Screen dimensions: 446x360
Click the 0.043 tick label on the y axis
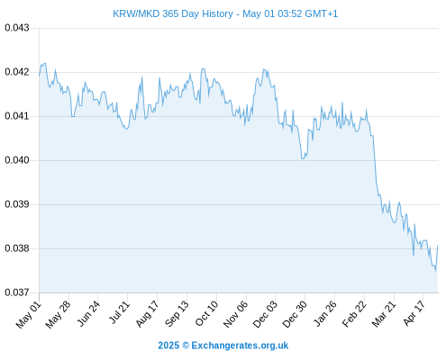click(17, 28)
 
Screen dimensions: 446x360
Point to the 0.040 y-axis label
click(17, 160)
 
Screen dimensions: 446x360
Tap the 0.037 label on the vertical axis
click(17, 292)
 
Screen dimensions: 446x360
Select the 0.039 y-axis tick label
click(17, 204)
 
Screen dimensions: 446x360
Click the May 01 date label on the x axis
click(28, 314)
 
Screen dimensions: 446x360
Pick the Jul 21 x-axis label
click(118, 312)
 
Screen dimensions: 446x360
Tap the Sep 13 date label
click(177, 313)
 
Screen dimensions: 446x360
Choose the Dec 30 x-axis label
click(295, 314)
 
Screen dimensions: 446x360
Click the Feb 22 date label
click(354, 314)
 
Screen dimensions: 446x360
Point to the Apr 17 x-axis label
click(414, 313)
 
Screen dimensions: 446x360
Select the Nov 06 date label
click(236, 314)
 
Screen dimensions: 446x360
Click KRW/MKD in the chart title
click(136, 13)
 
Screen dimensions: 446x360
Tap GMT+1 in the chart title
click(321, 13)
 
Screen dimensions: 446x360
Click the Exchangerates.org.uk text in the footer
click(240, 346)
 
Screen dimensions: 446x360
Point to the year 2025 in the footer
click(168, 346)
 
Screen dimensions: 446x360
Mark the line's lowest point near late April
click(435, 271)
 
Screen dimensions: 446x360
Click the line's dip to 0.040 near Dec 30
click(303, 158)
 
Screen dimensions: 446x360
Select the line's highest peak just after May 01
click(45, 63)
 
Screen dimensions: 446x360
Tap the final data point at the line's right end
click(438, 246)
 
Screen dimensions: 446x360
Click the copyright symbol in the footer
click(186, 346)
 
